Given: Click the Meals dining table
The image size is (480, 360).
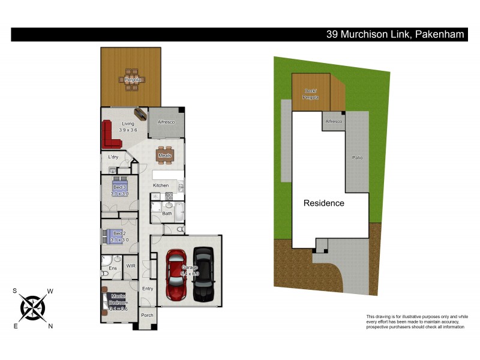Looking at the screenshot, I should tap(165, 155).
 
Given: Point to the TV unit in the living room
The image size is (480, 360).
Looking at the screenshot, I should tap(142, 114).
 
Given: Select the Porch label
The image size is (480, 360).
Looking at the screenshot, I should tap(147, 315).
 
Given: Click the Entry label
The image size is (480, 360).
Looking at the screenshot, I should tap(148, 289).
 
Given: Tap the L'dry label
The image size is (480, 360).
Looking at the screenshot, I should tap(113, 157).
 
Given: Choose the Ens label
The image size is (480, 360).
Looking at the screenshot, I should tap(112, 268).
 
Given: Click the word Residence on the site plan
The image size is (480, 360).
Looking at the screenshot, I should tap(324, 203).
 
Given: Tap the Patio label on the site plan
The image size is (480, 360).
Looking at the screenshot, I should tap(357, 157).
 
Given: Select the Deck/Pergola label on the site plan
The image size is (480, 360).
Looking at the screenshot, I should tap(310, 94).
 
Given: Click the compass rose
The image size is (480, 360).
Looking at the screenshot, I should tap(33, 308).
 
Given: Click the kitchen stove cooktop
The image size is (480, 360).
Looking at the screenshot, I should tap(169, 196).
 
